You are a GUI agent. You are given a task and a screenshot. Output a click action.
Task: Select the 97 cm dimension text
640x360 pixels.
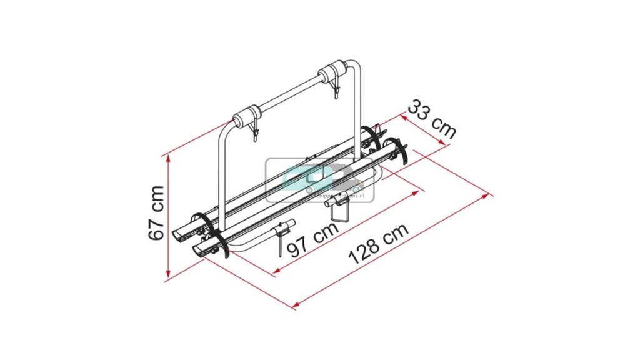(x=312, y=239)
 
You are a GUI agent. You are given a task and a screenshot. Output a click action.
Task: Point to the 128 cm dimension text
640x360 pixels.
(x=378, y=243)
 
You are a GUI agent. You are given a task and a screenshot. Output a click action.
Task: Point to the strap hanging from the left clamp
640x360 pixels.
(x=254, y=133)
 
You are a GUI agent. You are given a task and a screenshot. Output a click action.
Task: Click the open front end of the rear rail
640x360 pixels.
(x=179, y=233)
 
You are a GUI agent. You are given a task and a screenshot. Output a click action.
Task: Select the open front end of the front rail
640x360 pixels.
(x=199, y=249)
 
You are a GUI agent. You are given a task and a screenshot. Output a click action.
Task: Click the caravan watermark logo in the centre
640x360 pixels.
(x=319, y=179)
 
